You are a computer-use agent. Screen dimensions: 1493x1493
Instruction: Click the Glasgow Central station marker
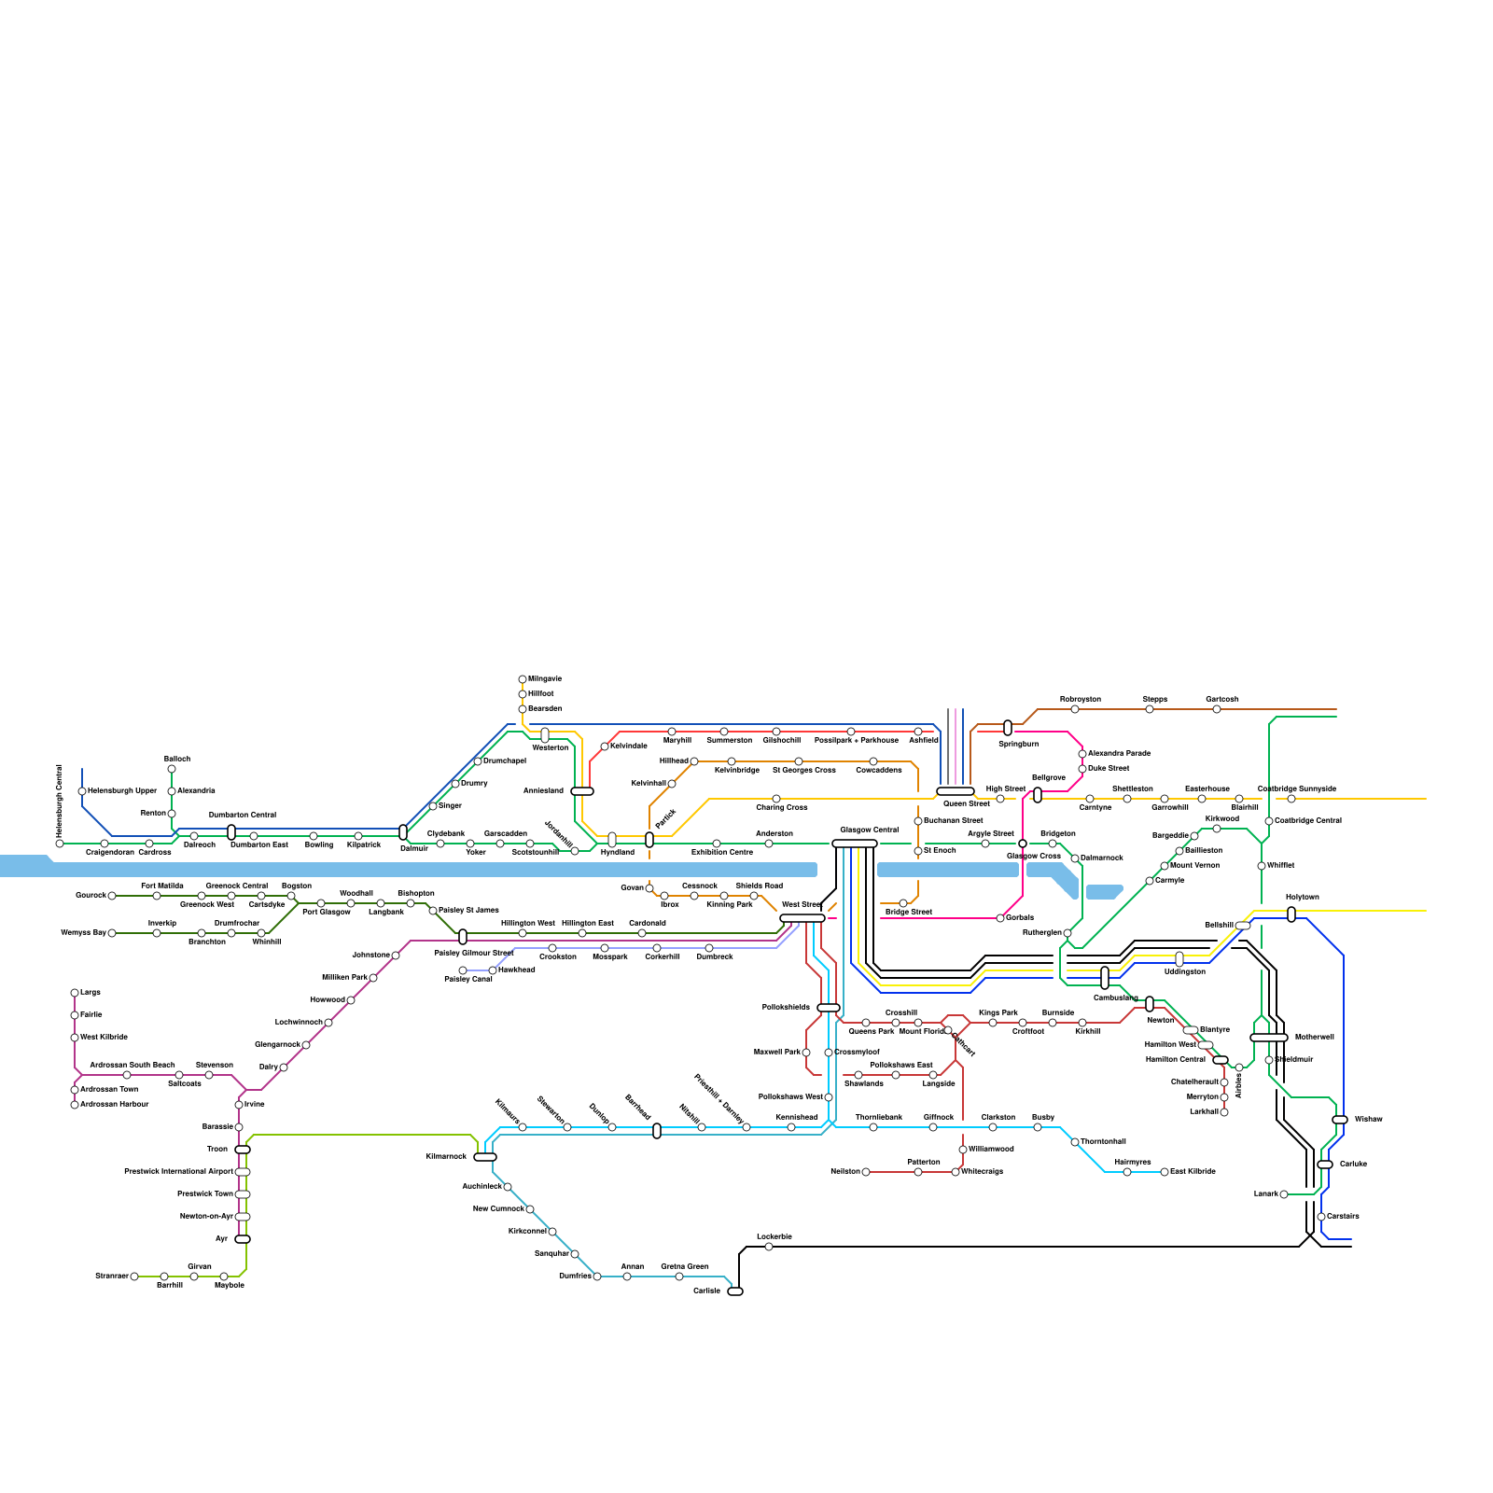click(854, 844)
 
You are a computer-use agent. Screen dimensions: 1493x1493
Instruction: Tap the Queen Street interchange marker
click(955, 791)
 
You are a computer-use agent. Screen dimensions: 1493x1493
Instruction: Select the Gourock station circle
click(112, 896)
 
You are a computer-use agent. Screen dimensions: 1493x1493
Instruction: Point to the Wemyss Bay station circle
click(112, 933)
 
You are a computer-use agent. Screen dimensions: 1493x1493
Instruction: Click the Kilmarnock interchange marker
click(485, 1157)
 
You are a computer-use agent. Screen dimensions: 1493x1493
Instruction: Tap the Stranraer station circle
click(134, 1277)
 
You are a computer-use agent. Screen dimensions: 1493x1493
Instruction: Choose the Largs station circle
click(75, 993)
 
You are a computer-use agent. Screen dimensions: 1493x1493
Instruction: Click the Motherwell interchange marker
click(1268, 1038)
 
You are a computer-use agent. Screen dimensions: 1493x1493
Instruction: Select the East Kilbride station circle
click(1165, 1172)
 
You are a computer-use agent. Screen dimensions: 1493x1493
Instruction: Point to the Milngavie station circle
click(523, 679)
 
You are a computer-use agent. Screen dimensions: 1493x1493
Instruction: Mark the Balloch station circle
click(172, 770)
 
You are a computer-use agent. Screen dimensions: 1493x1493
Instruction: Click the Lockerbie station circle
click(769, 1247)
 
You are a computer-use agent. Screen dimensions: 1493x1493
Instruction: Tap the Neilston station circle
click(866, 1172)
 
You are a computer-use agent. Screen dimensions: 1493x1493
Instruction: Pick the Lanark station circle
click(1284, 1194)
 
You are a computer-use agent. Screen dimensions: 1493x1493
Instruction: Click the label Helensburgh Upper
click(122, 791)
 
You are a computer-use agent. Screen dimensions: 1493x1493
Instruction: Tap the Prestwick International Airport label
click(178, 1172)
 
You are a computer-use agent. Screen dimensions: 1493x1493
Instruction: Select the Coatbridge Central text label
click(1308, 821)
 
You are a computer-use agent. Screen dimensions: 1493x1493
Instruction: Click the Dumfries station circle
click(597, 1277)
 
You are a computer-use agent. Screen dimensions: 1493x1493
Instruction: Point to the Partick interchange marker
click(649, 840)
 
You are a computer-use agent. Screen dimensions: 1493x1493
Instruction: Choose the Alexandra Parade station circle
click(1082, 754)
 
